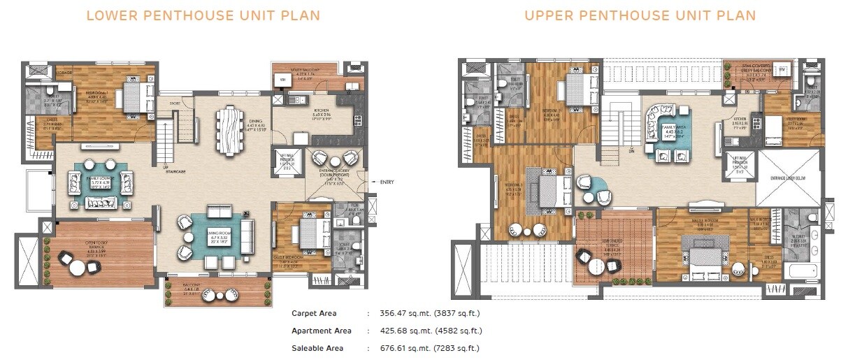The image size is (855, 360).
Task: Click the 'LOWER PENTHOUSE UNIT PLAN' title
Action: [203, 15]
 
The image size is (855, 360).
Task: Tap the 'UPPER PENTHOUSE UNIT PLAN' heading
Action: [641, 15]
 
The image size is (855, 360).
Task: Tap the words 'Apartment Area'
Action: [322, 331]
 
